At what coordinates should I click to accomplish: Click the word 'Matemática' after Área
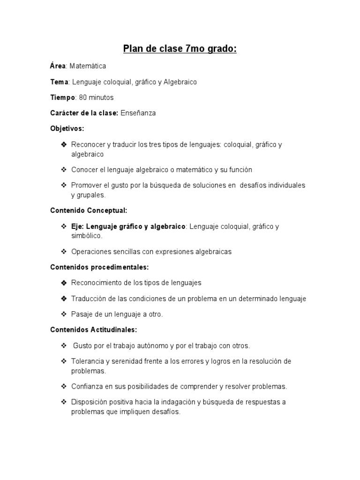(x=89, y=66)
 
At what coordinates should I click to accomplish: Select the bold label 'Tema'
(x=59, y=82)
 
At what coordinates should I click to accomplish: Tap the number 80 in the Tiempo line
(x=82, y=97)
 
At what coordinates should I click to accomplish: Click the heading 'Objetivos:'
(x=67, y=128)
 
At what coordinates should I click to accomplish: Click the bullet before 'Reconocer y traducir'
(x=64, y=144)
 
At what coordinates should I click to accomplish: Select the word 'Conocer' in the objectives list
(x=83, y=169)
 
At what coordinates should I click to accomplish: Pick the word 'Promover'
(x=85, y=185)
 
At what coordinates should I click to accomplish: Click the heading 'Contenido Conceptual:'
(x=89, y=210)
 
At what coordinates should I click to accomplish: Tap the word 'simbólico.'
(x=87, y=236)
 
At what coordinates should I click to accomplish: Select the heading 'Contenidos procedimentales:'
(x=99, y=267)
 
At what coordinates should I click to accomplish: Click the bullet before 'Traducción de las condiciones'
(x=64, y=299)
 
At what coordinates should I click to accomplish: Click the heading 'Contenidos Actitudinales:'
(x=93, y=330)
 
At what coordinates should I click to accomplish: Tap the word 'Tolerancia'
(x=88, y=361)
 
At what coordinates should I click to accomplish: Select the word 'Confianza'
(x=87, y=387)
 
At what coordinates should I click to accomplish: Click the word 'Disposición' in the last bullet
(x=89, y=402)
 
